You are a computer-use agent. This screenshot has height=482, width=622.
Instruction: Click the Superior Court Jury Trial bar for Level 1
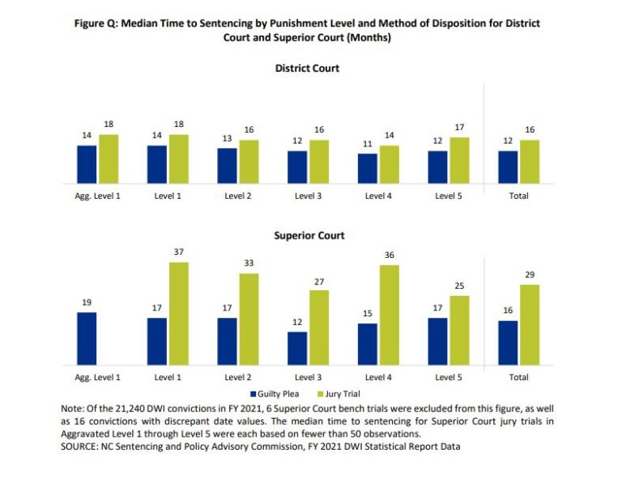[x=178, y=314]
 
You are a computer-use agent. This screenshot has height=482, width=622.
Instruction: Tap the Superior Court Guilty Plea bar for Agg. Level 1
[x=87, y=339]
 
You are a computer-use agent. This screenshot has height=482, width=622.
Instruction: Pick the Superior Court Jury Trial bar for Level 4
[x=389, y=315]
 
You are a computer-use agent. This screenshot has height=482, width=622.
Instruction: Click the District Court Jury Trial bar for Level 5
[x=459, y=160]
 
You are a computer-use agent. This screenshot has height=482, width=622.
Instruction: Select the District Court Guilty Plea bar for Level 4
[x=367, y=168]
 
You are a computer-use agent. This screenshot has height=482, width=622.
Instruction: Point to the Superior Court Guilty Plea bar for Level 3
[x=297, y=349]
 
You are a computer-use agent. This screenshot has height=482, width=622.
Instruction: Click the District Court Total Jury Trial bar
[x=530, y=162]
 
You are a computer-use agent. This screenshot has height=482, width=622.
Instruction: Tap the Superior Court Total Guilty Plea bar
[x=508, y=343]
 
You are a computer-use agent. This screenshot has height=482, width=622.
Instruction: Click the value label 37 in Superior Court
[x=178, y=252]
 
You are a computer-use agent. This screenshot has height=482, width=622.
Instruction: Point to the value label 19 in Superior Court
[x=87, y=302]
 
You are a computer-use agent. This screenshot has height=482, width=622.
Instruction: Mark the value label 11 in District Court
[x=367, y=144]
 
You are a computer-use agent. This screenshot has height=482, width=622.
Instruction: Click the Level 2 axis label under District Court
[x=238, y=196]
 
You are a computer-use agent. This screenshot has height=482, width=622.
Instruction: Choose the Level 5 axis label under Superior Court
[x=449, y=378]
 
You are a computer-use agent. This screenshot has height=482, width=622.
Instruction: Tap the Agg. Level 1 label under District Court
[x=97, y=196]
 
